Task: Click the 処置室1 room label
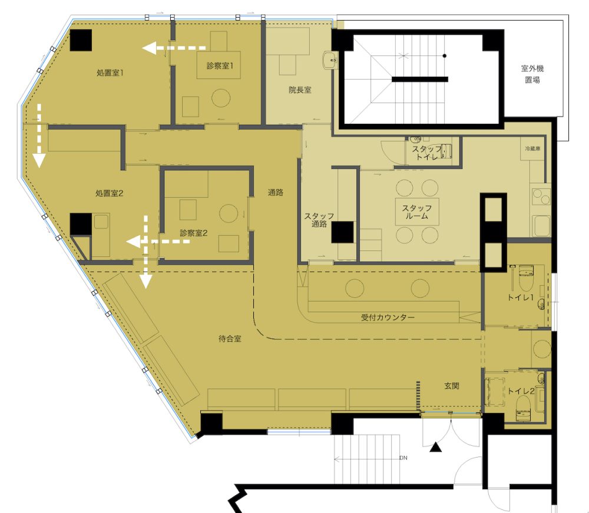pos(110,72)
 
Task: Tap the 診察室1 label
pos(220,66)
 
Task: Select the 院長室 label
pos(300,90)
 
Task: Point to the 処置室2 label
pos(110,193)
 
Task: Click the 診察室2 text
pos(193,233)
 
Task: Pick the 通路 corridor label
pos(275,192)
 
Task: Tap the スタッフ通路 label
pos(319,220)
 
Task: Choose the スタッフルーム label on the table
pos(417,212)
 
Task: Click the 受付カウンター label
pos(388,317)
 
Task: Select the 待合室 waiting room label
pos(230,339)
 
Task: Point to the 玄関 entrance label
pos(452,386)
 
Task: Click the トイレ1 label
pos(521,297)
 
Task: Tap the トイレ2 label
pos(521,391)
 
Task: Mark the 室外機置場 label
pos(532,74)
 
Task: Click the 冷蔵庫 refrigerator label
pos(532,149)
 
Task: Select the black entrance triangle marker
pos(435,447)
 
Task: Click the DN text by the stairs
pos(403,458)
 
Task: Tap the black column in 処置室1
pos(81,40)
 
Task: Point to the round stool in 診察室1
pos(220,98)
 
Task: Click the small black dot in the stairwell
pos(444,56)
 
